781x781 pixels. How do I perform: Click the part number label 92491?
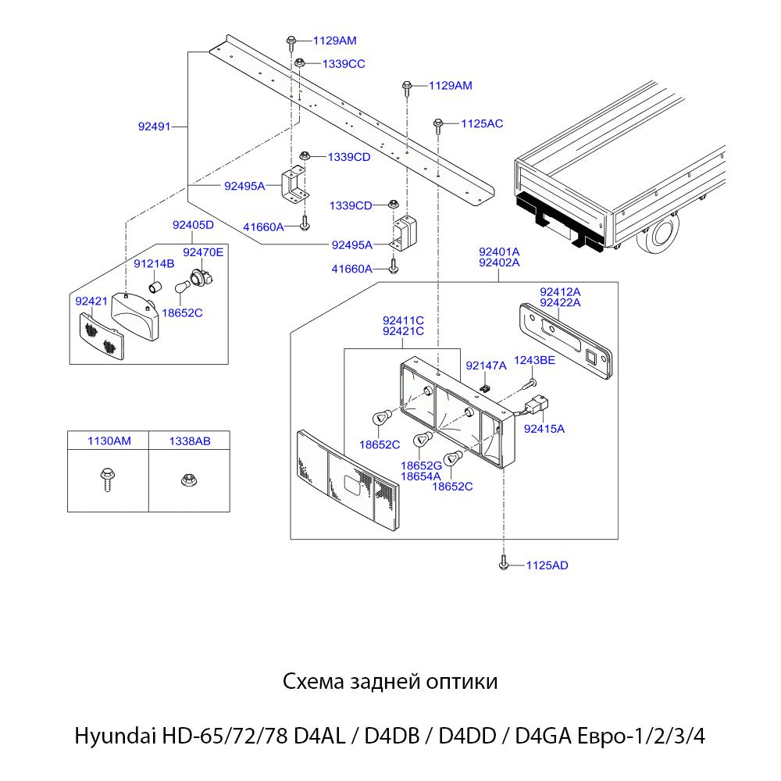point(154,126)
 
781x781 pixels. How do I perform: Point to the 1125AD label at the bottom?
point(547,565)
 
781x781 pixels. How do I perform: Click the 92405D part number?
point(193,225)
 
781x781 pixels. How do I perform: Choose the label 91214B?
point(153,264)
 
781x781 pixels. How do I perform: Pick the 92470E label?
point(203,251)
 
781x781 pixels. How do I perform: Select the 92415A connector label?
point(544,428)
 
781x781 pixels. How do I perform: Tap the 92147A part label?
point(486,365)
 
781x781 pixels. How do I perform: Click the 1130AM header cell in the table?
point(109,441)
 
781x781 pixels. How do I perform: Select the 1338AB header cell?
point(189,441)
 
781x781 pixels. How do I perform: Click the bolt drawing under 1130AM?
point(107,478)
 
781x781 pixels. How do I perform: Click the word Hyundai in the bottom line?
point(114,736)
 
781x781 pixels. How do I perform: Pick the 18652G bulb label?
point(421,465)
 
